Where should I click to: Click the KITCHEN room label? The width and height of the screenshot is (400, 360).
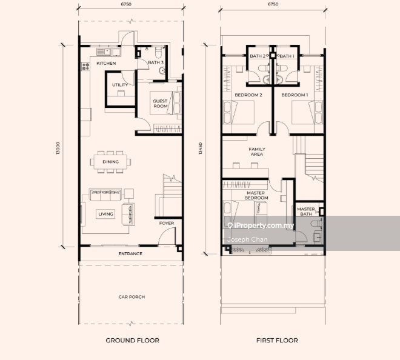106,63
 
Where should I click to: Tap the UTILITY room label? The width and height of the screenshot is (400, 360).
120,85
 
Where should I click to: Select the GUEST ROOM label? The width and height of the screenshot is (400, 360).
160,104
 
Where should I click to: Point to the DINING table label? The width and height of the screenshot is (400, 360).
111,162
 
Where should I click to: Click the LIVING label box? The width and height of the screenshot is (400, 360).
105,214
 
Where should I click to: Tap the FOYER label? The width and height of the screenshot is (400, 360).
167,223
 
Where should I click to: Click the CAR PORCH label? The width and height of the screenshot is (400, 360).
132,297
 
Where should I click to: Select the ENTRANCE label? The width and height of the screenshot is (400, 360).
130,253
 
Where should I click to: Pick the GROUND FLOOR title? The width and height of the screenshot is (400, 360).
132,341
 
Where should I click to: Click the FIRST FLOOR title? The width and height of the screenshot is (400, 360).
277,341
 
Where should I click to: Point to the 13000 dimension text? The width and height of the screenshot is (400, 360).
58,148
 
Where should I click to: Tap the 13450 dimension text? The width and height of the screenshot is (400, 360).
200,148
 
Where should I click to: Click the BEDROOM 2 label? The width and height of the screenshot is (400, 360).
248,95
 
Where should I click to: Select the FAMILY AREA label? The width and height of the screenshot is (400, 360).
257,152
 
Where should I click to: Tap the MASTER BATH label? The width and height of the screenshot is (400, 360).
306,212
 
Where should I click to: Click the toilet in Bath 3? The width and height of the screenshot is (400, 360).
158,52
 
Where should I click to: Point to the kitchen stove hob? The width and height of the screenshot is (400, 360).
85,67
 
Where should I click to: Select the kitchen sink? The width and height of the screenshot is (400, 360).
103,52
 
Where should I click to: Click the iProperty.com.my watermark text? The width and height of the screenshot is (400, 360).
261,225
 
